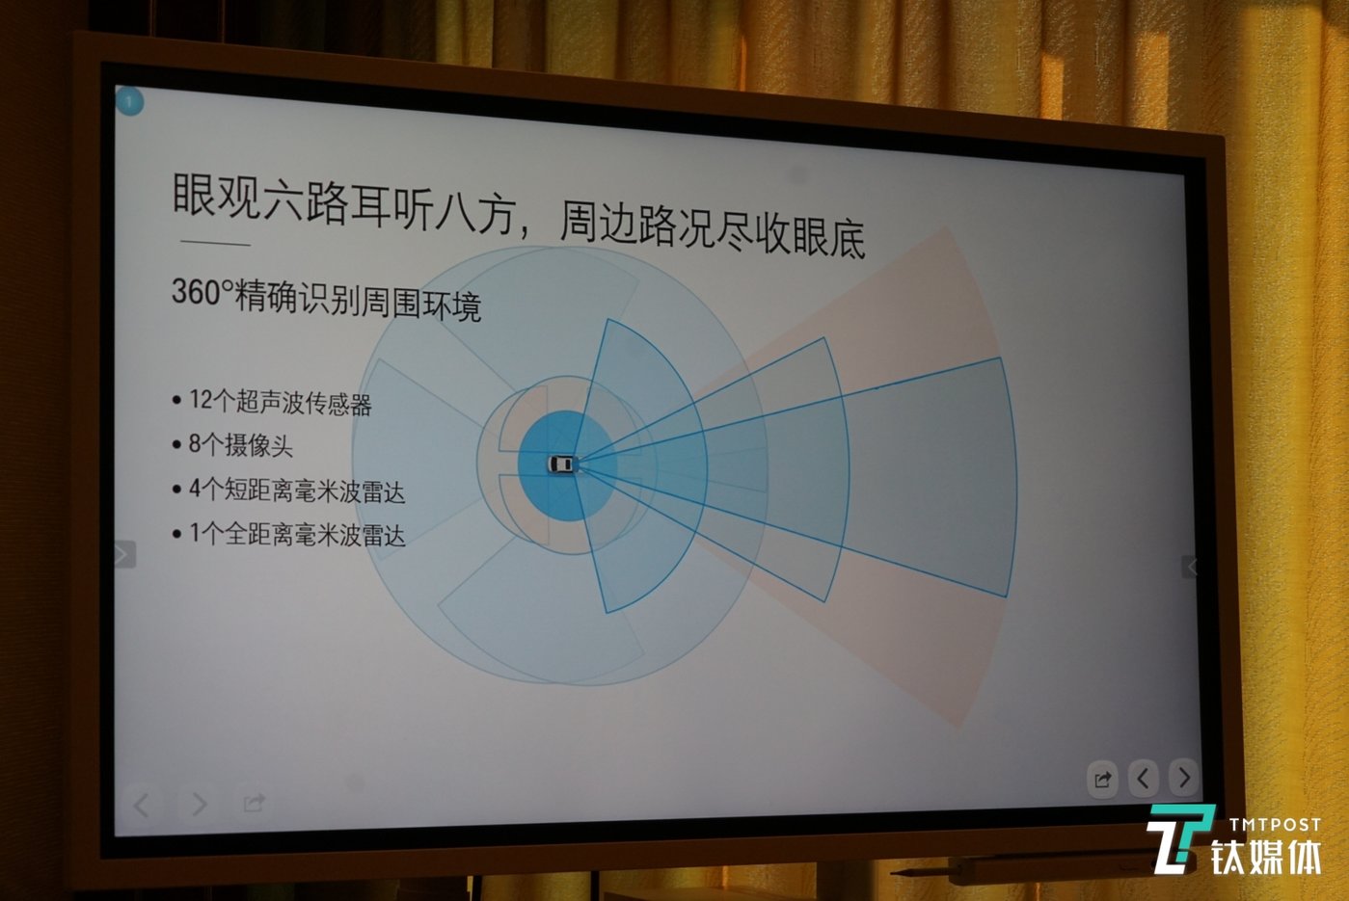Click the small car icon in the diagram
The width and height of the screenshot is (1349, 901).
click(562, 464)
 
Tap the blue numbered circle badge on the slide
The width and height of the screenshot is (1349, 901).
click(129, 101)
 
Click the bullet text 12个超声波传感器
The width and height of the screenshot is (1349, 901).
click(280, 402)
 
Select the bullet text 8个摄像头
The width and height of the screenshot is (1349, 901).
click(240, 445)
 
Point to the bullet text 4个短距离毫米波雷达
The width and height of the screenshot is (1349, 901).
click(296, 490)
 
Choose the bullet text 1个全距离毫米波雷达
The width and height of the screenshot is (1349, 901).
click(297, 534)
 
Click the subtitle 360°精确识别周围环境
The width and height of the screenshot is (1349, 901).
click(327, 299)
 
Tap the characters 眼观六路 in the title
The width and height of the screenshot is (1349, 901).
click(260, 197)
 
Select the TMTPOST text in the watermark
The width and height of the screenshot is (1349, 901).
click(1275, 824)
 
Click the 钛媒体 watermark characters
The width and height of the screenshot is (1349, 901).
click(1266, 857)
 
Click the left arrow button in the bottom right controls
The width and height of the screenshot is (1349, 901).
click(1143, 779)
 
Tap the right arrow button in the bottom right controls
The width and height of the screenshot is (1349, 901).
click(1183, 777)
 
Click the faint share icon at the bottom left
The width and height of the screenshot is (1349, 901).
click(254, 803)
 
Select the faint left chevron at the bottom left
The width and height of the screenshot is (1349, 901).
click(142, 804)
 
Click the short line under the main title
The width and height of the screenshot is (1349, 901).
click(215, 243)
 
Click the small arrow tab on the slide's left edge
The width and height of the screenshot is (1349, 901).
click(124, 554)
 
